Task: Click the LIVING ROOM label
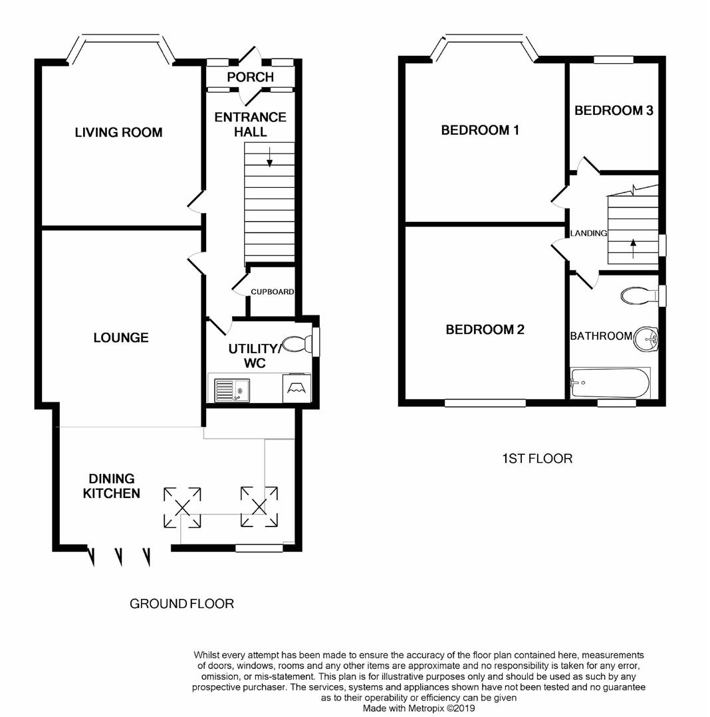pyautogui.click(x=118, y=133)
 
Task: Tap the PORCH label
pyautogui.click(x=250, y=77)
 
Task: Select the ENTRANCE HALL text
pyautogui.click(x=250, y=124)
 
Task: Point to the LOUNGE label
pyautogui.click(x=120, y=338)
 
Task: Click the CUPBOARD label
pyautogui.click(x=272, y=291)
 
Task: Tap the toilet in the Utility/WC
pyautogui.click(x=296, y=344)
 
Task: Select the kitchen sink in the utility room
pyautogui.click(x=231, y=388)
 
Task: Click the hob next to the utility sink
pyautogui.click(x=295, y=388)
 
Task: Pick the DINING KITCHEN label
pyautogui.click(x=112, y=486)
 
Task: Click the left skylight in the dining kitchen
pyautogui.click(x=183, y=507)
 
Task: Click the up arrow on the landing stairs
pyautogui.click(x=633, y=248)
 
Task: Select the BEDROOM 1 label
pyautogui.click(x=480, y=130)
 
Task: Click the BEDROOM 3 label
pyautogui.click(x=614, y=111)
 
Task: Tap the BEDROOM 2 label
pyautogui.click(x=485, y=330)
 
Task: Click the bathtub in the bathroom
pyautogui.click(x=610, y=383)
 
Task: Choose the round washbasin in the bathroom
pyautogui.click(x=645, y=339)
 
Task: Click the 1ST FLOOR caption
pyautogui.click(x=536, y=459)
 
